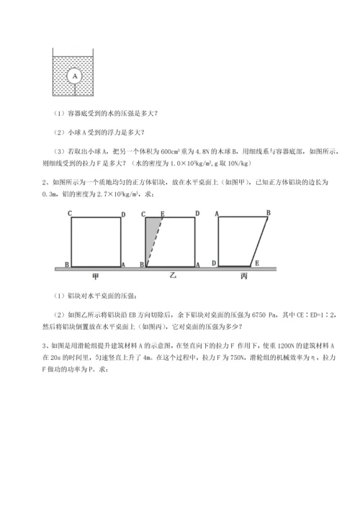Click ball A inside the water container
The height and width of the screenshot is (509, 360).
point(74,74)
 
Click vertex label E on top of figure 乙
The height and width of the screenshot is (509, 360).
point(163,214)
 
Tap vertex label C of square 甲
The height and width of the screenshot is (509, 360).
point(69,214)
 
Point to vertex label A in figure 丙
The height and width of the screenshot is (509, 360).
point(217,214)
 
